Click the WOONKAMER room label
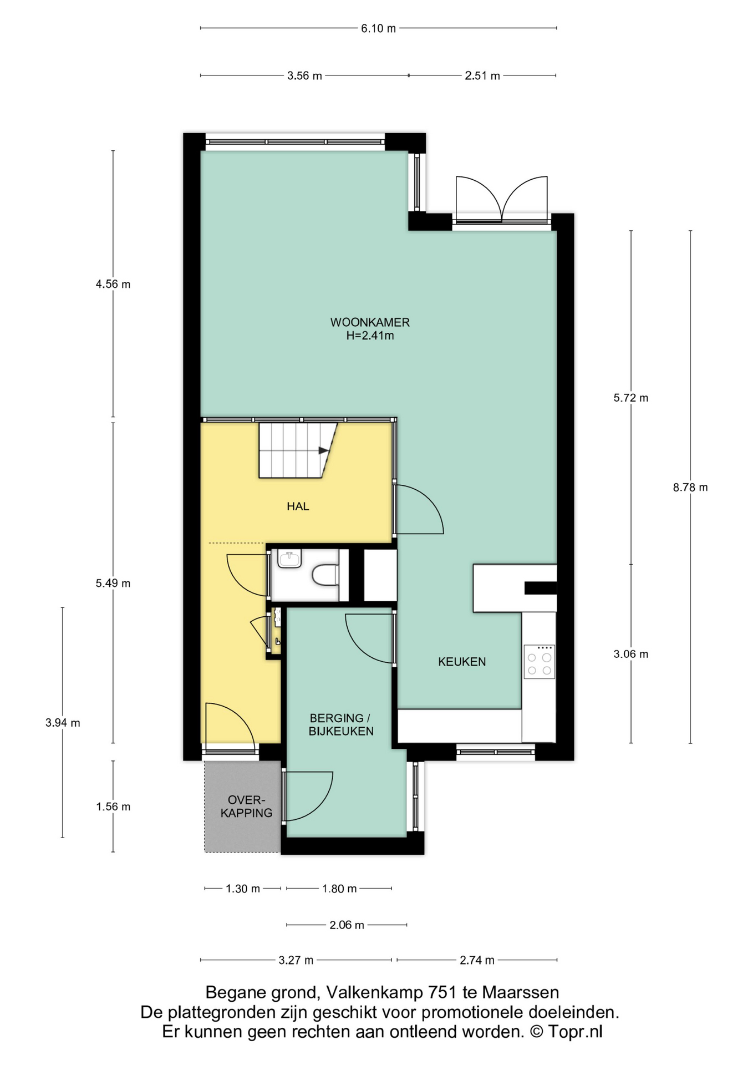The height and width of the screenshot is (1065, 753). click(370, 322)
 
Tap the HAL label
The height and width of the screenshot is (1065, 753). click(298, 506)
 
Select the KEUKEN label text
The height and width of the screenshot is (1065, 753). click(462, 661)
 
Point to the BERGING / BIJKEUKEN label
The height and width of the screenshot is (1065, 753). click(341, 724)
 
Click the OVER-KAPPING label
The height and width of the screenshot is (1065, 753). click(247, 807)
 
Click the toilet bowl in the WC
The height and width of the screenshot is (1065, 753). click(325, 575)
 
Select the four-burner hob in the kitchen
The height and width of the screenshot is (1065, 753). click(539, 662)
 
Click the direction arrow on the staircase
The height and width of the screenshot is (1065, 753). click(323, 450)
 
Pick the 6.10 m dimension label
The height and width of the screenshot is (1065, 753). click(379, 28)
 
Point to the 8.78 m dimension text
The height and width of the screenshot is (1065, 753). click(690, 488)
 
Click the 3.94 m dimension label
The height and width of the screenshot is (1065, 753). click(63, 723)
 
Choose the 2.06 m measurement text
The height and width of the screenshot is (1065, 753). click(347, 925)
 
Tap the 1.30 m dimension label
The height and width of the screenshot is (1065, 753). click(243, 889)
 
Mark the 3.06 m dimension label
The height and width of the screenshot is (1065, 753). click(631, 654)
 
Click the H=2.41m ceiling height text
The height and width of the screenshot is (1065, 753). click(370, 336)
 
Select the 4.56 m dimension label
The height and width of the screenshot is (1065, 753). click(113, 284)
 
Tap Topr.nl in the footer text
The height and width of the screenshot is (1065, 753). click(575, 1032)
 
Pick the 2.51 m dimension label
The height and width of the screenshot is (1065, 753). click(482, 75)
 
